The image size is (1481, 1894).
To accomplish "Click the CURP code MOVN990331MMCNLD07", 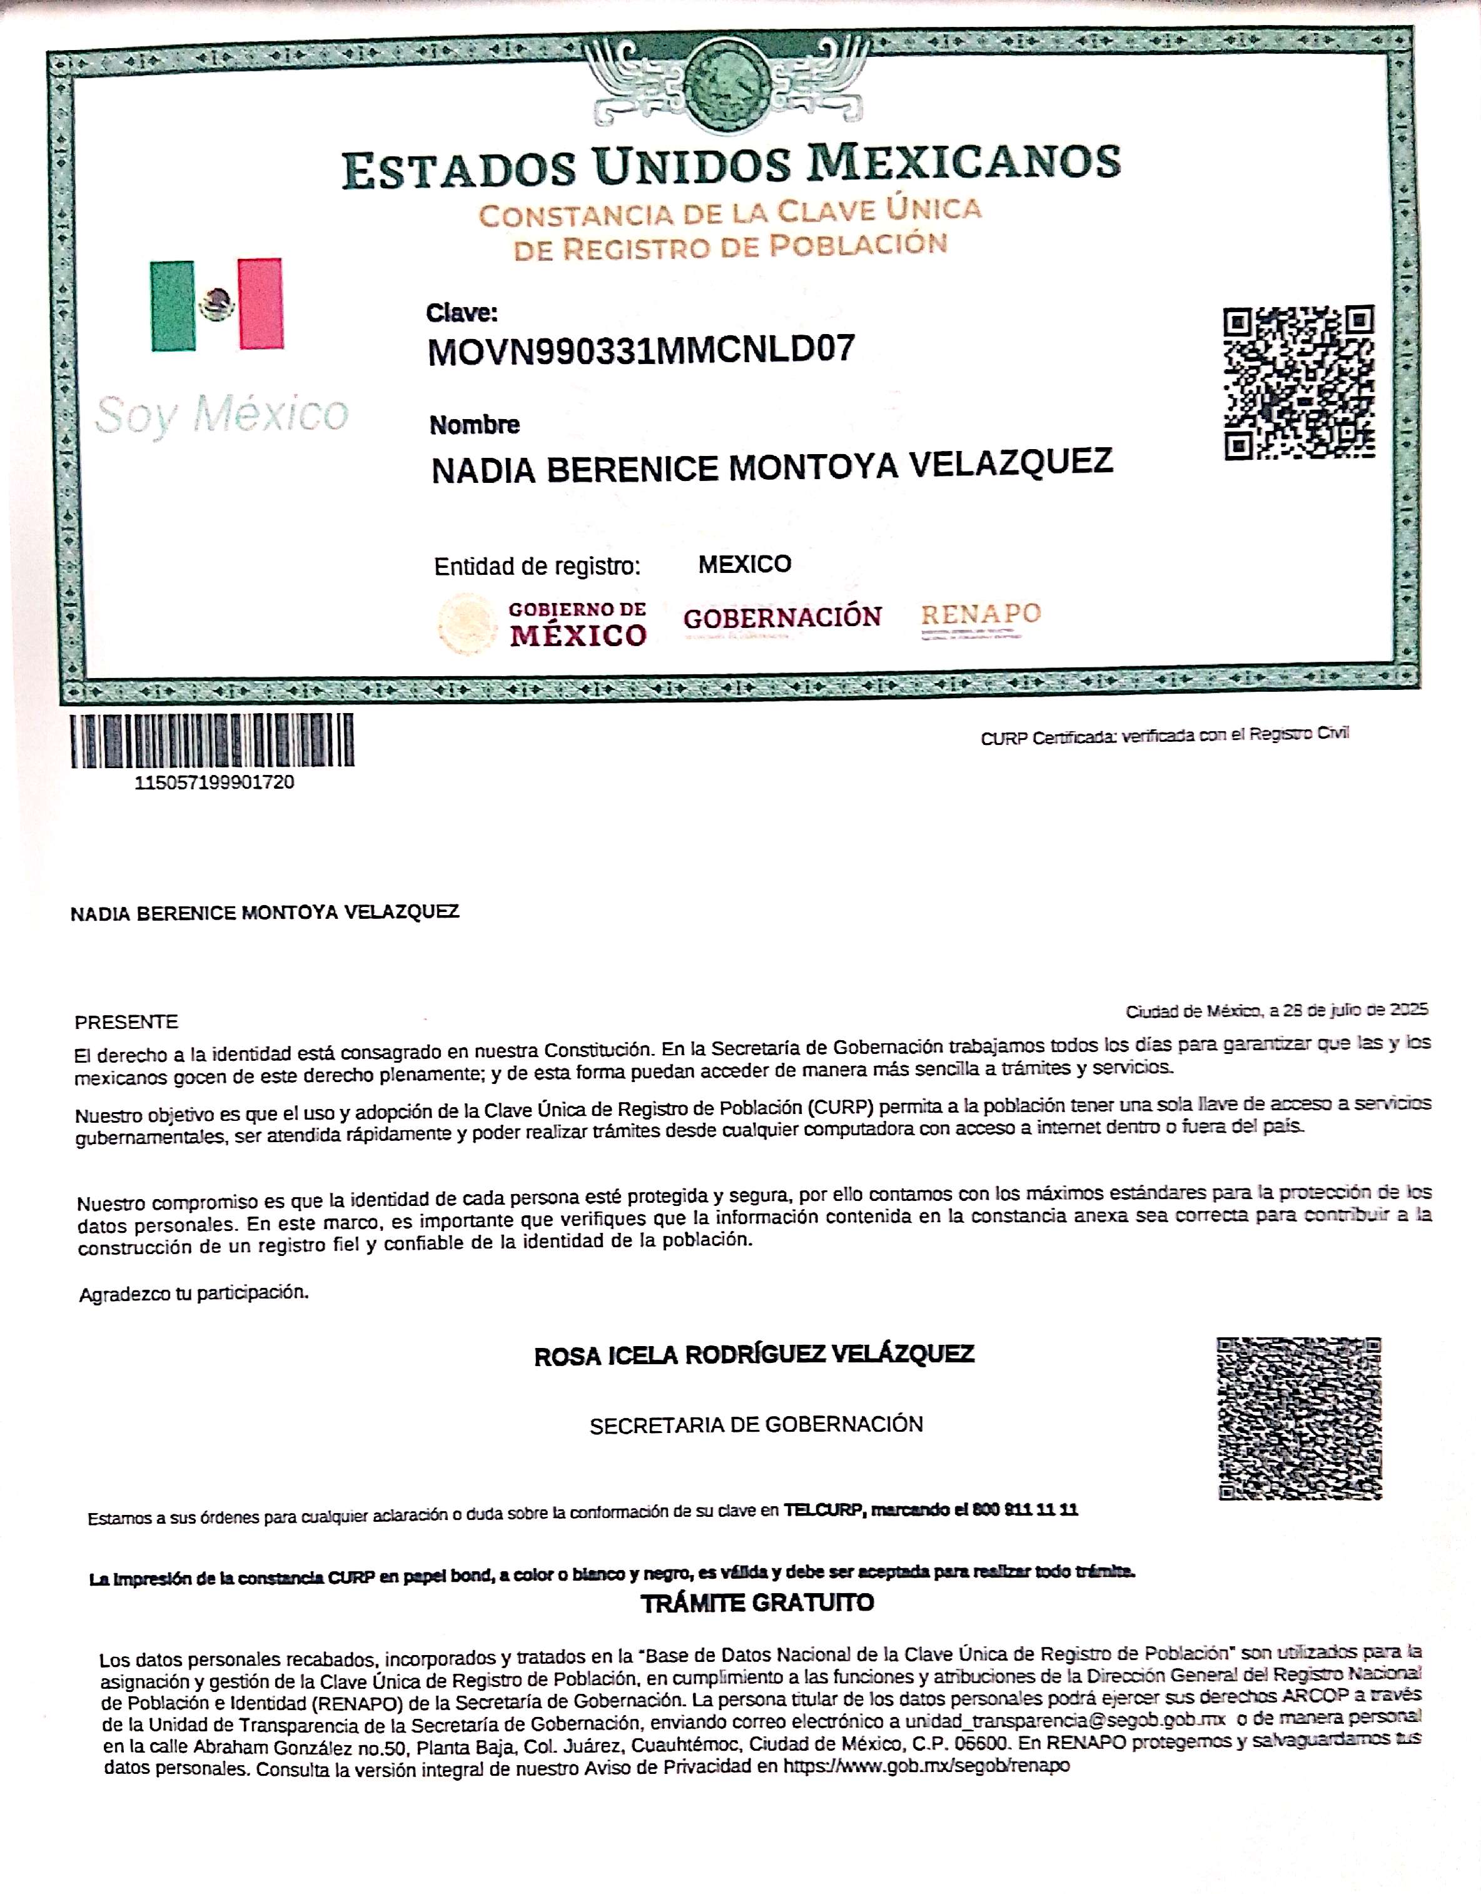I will point(641,350).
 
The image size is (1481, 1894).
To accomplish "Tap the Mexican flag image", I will point(217,305).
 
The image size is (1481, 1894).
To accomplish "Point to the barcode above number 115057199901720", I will point(213,741).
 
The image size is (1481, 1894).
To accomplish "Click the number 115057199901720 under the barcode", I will point(214,782).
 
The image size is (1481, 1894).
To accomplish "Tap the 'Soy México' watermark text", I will point(222,413).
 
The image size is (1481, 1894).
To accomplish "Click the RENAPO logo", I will point(980,615).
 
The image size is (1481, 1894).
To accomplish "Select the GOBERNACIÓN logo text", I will point(782,617).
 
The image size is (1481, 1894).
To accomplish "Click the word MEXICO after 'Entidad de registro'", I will point(745,565).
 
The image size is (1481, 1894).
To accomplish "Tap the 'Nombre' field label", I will point(474,425).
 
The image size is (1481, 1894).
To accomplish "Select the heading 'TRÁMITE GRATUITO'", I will point(757,1603).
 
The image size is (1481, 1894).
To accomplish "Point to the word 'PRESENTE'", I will point(126,1021).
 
